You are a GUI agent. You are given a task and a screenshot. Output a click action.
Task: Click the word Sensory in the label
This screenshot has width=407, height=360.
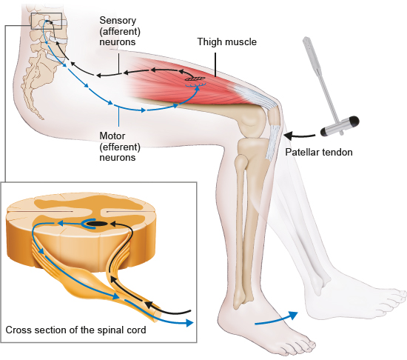click(118, 21)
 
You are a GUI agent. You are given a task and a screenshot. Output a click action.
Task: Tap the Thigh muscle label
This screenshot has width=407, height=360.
click(227, 41)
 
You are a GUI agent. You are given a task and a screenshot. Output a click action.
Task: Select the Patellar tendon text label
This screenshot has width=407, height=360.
click(319, 152)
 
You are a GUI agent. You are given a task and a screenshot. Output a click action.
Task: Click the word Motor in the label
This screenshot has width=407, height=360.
click(112, 136)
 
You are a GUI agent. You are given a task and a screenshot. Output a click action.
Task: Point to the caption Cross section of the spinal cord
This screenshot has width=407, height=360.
click(75, 330)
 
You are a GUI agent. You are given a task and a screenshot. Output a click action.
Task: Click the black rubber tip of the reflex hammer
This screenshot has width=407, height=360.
click(354, 121)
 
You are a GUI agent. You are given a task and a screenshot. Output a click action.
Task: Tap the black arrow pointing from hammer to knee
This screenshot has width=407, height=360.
click(299, 136)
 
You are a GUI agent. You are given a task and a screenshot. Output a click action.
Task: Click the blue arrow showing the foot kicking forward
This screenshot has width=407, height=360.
click(276, 319)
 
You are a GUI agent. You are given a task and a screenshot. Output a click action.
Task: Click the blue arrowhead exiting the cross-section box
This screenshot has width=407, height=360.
click(189, 323)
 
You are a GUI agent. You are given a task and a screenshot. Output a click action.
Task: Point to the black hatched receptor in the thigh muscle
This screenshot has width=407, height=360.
click(195, 79)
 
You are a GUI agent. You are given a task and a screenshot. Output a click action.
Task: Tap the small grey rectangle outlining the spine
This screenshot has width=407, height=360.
click(46, 21)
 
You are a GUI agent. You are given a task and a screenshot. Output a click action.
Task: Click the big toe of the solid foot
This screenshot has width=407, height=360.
click(309, 344)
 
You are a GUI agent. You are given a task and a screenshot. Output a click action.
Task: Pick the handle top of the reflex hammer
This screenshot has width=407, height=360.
click(308, 41)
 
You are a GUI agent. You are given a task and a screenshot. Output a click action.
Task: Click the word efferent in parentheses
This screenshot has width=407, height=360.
click(120, 147)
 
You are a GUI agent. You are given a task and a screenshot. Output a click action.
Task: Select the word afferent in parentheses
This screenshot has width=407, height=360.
click(120, 31)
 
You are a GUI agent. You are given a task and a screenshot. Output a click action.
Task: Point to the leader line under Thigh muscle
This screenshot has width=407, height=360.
click(215, 64)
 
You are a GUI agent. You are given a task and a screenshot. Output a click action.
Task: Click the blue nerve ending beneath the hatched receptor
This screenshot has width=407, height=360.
click(195, 84)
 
